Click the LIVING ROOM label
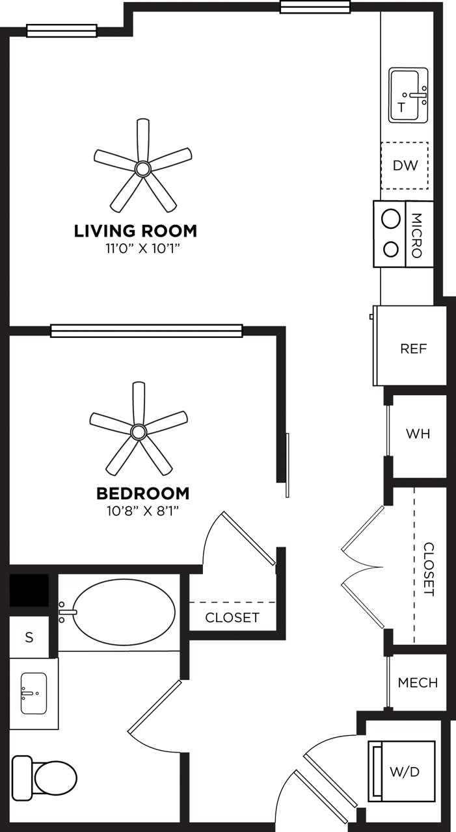135,231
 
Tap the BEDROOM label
143,493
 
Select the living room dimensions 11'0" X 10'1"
136,248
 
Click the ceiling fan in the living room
142,168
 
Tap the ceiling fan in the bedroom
138,431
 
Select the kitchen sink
409,96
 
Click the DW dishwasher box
405,165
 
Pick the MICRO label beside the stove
418,235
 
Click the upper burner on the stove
390,219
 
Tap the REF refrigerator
413,348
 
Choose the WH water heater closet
418,434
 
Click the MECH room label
418,683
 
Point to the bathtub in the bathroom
124,612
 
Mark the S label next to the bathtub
29,638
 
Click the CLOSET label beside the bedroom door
232,617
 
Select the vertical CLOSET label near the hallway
429,569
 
